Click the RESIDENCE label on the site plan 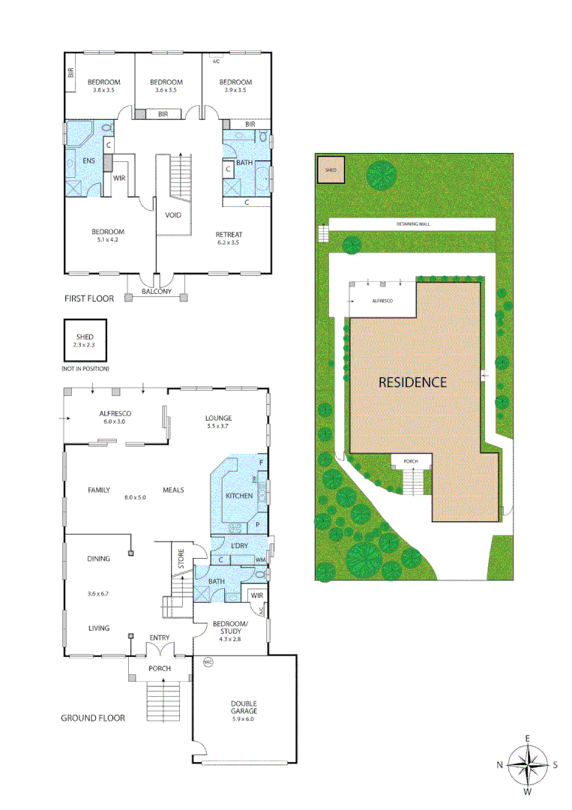412,382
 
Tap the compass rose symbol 527,765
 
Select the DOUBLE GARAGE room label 243,707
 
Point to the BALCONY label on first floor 157,292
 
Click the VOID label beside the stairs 172,214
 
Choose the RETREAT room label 230,235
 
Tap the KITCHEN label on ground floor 240,496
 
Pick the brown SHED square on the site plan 331,170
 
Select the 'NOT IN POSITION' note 85,369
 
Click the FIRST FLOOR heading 89,298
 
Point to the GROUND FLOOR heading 92,718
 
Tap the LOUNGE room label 219,418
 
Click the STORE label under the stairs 181,557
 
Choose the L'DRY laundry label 239,545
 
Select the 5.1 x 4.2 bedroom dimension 108,240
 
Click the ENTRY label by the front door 159,638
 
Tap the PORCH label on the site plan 411,460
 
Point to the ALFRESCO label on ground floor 116,413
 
